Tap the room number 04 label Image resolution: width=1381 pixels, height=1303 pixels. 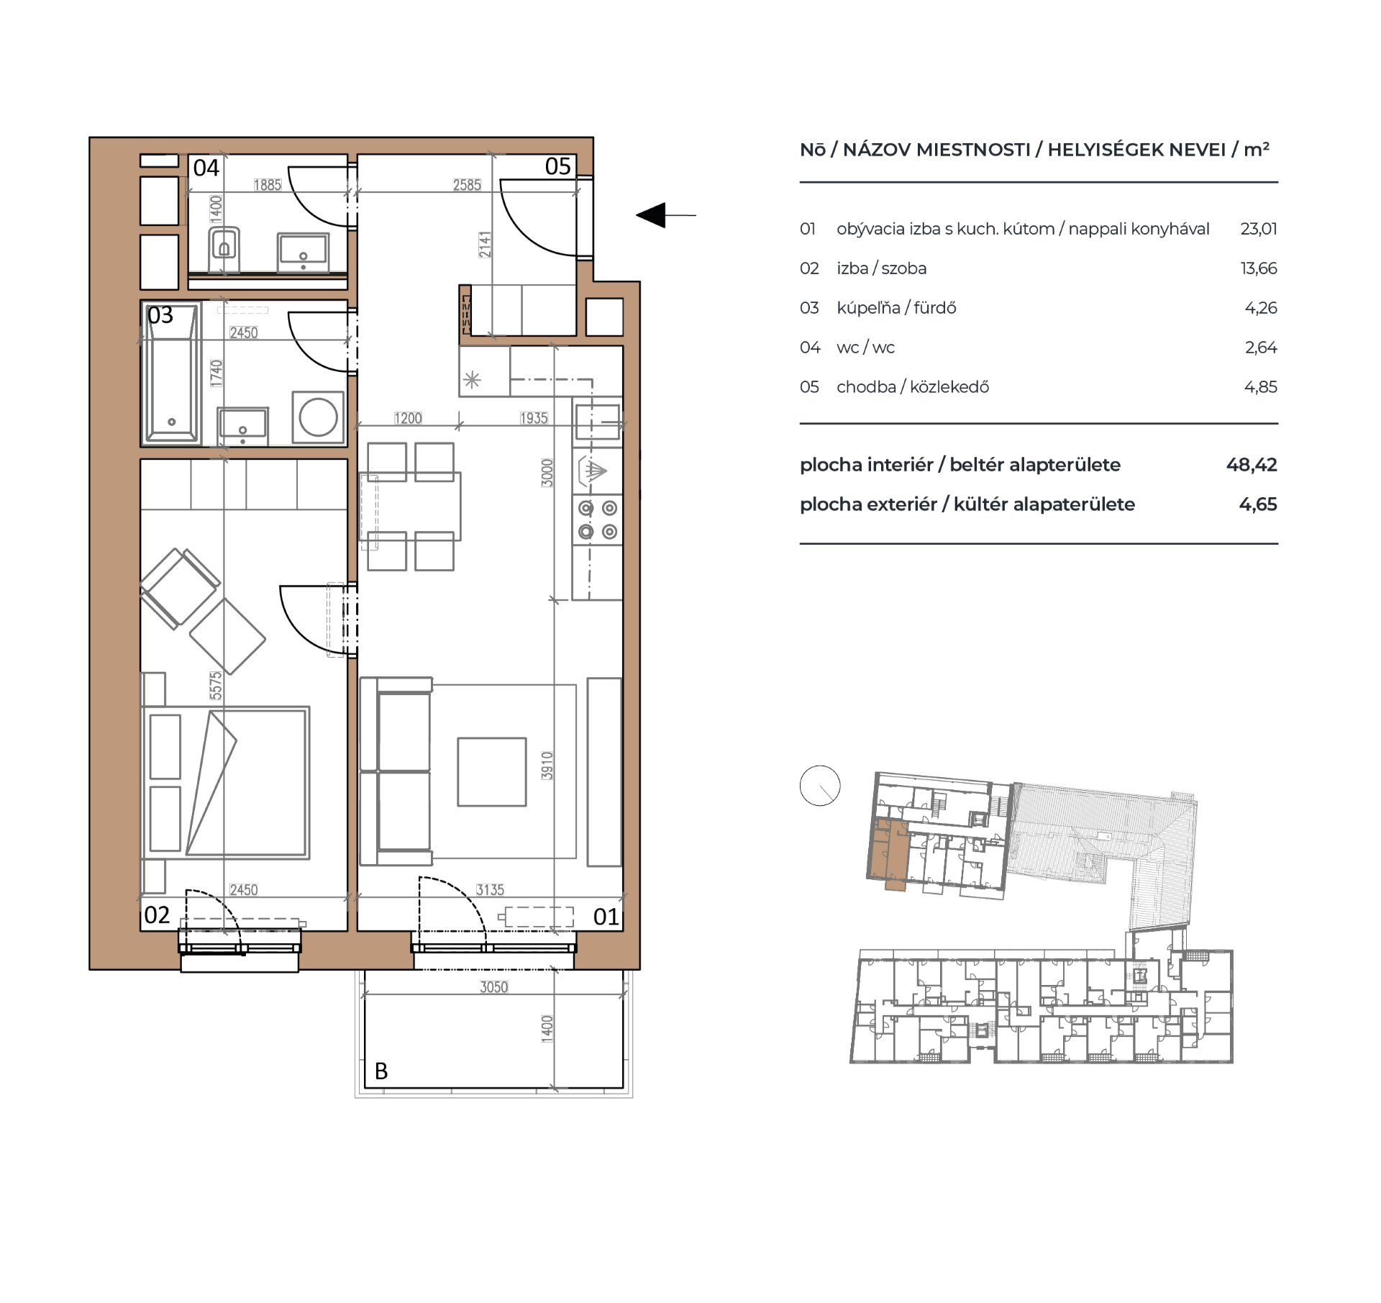pos(206,168)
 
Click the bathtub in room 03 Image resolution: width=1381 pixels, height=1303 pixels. pos(172,373)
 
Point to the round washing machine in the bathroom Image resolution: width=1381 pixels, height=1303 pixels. pos(318,417)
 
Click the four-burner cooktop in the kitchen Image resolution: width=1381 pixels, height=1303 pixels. pos(598,519)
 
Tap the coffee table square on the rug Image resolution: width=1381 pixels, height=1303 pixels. pos(492,771)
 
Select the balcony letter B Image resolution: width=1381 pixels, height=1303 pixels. pos(381,1071)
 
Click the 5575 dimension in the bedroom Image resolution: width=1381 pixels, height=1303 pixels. pos(216,686)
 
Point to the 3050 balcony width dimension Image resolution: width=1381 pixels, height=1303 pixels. pos(494,987)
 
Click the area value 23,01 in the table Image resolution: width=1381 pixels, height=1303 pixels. pos(1259,229)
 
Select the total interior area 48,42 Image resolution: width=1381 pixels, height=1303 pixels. pos(1252,465)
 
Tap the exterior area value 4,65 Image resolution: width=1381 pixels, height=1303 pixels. pos(1258,504)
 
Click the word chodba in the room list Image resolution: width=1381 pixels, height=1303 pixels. pos(865,387)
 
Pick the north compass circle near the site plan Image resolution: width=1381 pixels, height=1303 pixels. pos(820,786)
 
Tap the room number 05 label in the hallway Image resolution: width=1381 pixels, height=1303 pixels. pos(557,166)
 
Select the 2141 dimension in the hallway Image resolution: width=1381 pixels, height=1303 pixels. pos(486,245)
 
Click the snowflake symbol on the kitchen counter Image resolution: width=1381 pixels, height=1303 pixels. pos(472,380)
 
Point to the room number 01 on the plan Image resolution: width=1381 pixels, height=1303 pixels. pos(606,917)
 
